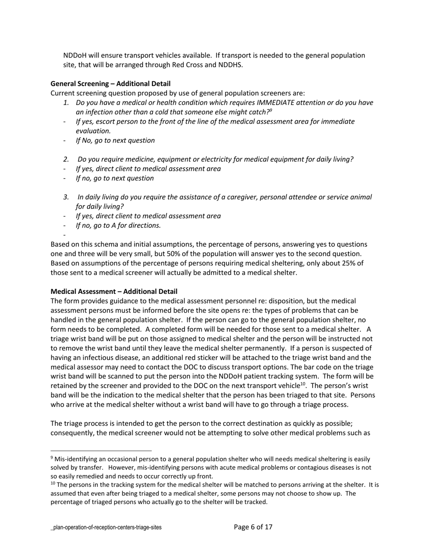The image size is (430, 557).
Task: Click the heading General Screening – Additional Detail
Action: [x=110, y=84]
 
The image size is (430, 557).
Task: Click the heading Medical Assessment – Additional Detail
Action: [x=114, y=292]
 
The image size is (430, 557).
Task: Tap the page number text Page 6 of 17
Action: [x=253, y=527]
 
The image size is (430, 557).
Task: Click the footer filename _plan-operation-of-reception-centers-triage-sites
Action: [x=106, y=528]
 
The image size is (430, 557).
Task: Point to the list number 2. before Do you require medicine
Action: [x=66, y=159]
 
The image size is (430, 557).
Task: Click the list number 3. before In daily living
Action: [x=66, y=197]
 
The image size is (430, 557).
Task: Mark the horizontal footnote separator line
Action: [x=101, y=451]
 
